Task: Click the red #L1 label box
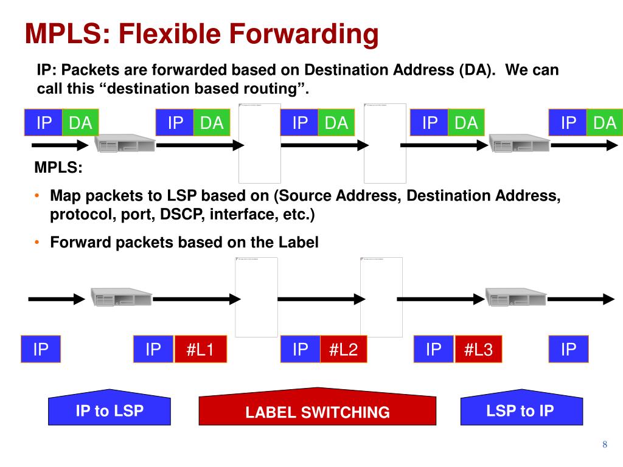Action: tap(200, 350)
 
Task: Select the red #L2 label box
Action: tap(343, 350)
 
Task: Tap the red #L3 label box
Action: tap(478, 350)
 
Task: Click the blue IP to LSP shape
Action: tap(110, 409)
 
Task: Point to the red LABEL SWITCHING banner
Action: tap(317, 409)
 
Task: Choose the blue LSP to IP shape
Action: tap(520, 409)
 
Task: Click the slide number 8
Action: tap(605, 445)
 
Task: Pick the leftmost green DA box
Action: tap(80, 123)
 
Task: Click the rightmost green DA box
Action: tap(604, 123)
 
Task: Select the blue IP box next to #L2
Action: tap(301, 350)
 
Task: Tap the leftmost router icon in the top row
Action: tap(124, 144)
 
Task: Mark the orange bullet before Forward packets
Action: tap(37, 243)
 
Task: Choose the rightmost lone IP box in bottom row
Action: tap(568, 350)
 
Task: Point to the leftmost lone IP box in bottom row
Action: tap(41, 350)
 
